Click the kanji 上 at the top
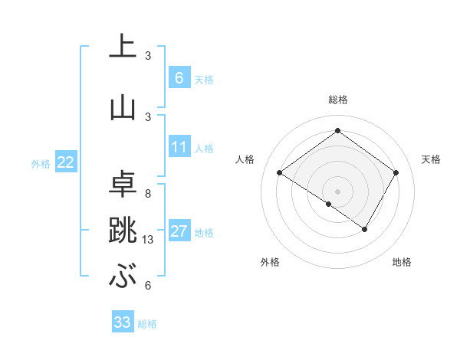(122, 47)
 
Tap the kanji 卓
(122, 183)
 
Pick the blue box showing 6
(179, 77)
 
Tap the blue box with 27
(179, 231)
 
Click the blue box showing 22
(66, 162)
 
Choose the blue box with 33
(122, 322)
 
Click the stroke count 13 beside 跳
(148, 240)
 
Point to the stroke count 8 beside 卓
(148, 194)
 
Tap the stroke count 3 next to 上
(148, 56)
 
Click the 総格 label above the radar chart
(337, 100)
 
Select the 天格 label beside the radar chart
(431, 159)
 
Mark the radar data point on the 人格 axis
(280, 173)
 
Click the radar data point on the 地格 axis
(365, 229)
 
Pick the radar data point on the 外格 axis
(329, 204)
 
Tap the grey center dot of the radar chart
(337, 191)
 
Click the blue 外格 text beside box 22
(41, 163)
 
